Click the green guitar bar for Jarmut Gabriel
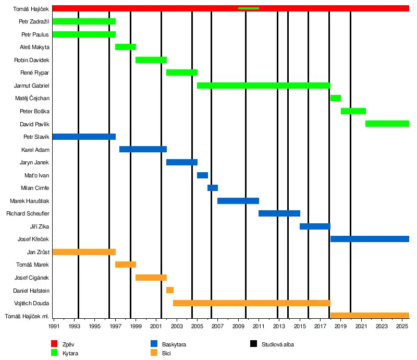coord(263,86)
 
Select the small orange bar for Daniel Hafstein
coord(170,290)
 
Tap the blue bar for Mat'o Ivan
coord(202,175)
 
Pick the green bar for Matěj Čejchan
coord(335,98)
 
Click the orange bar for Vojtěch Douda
coord(251,303)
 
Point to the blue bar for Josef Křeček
coord(370,239)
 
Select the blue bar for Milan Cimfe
coord(213,188)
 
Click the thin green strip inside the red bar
coord(248,8)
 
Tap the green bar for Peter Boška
coord(353,111)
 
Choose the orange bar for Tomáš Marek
coord(126,265)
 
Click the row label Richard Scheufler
coord(28,213)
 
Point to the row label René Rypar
coord(34,73)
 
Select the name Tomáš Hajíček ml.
coord(27,316)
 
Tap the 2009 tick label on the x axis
coord(238,327)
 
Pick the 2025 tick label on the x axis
coord(402,327)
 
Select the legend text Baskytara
coord(174,344)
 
